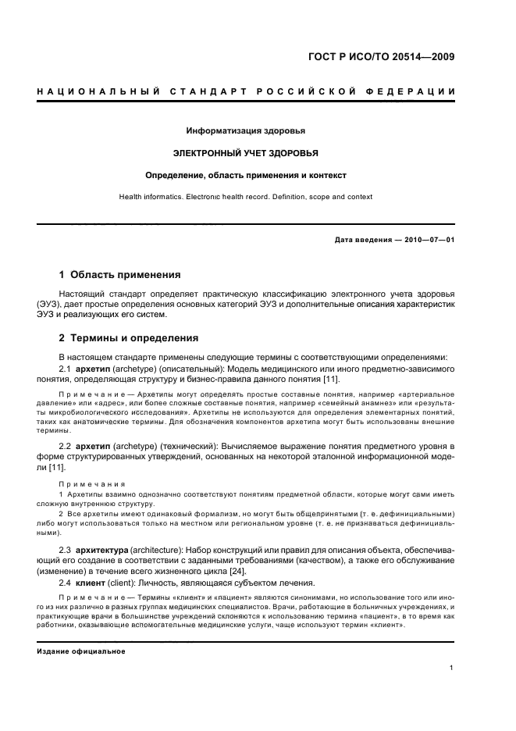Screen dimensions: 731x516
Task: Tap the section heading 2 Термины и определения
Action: click(x=129, y=338)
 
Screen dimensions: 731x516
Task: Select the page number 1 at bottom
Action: click(x=452, y=668)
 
